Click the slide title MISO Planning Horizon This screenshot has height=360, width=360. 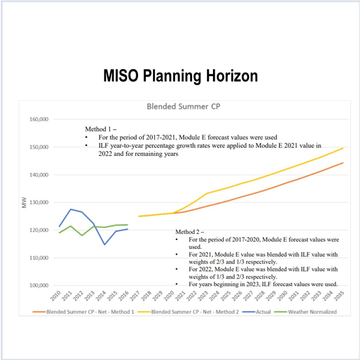coord(179,76)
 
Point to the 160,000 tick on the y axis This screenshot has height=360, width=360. coord(38,119)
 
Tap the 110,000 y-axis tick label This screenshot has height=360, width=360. coord(38,257)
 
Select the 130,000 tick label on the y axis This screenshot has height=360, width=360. coord(38,202)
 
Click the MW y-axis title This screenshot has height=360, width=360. coord(24,203)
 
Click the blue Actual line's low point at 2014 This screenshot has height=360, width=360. coord(104,244)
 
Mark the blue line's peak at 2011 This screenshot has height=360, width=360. coord(71,209)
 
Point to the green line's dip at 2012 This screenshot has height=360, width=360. coord(82,235)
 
